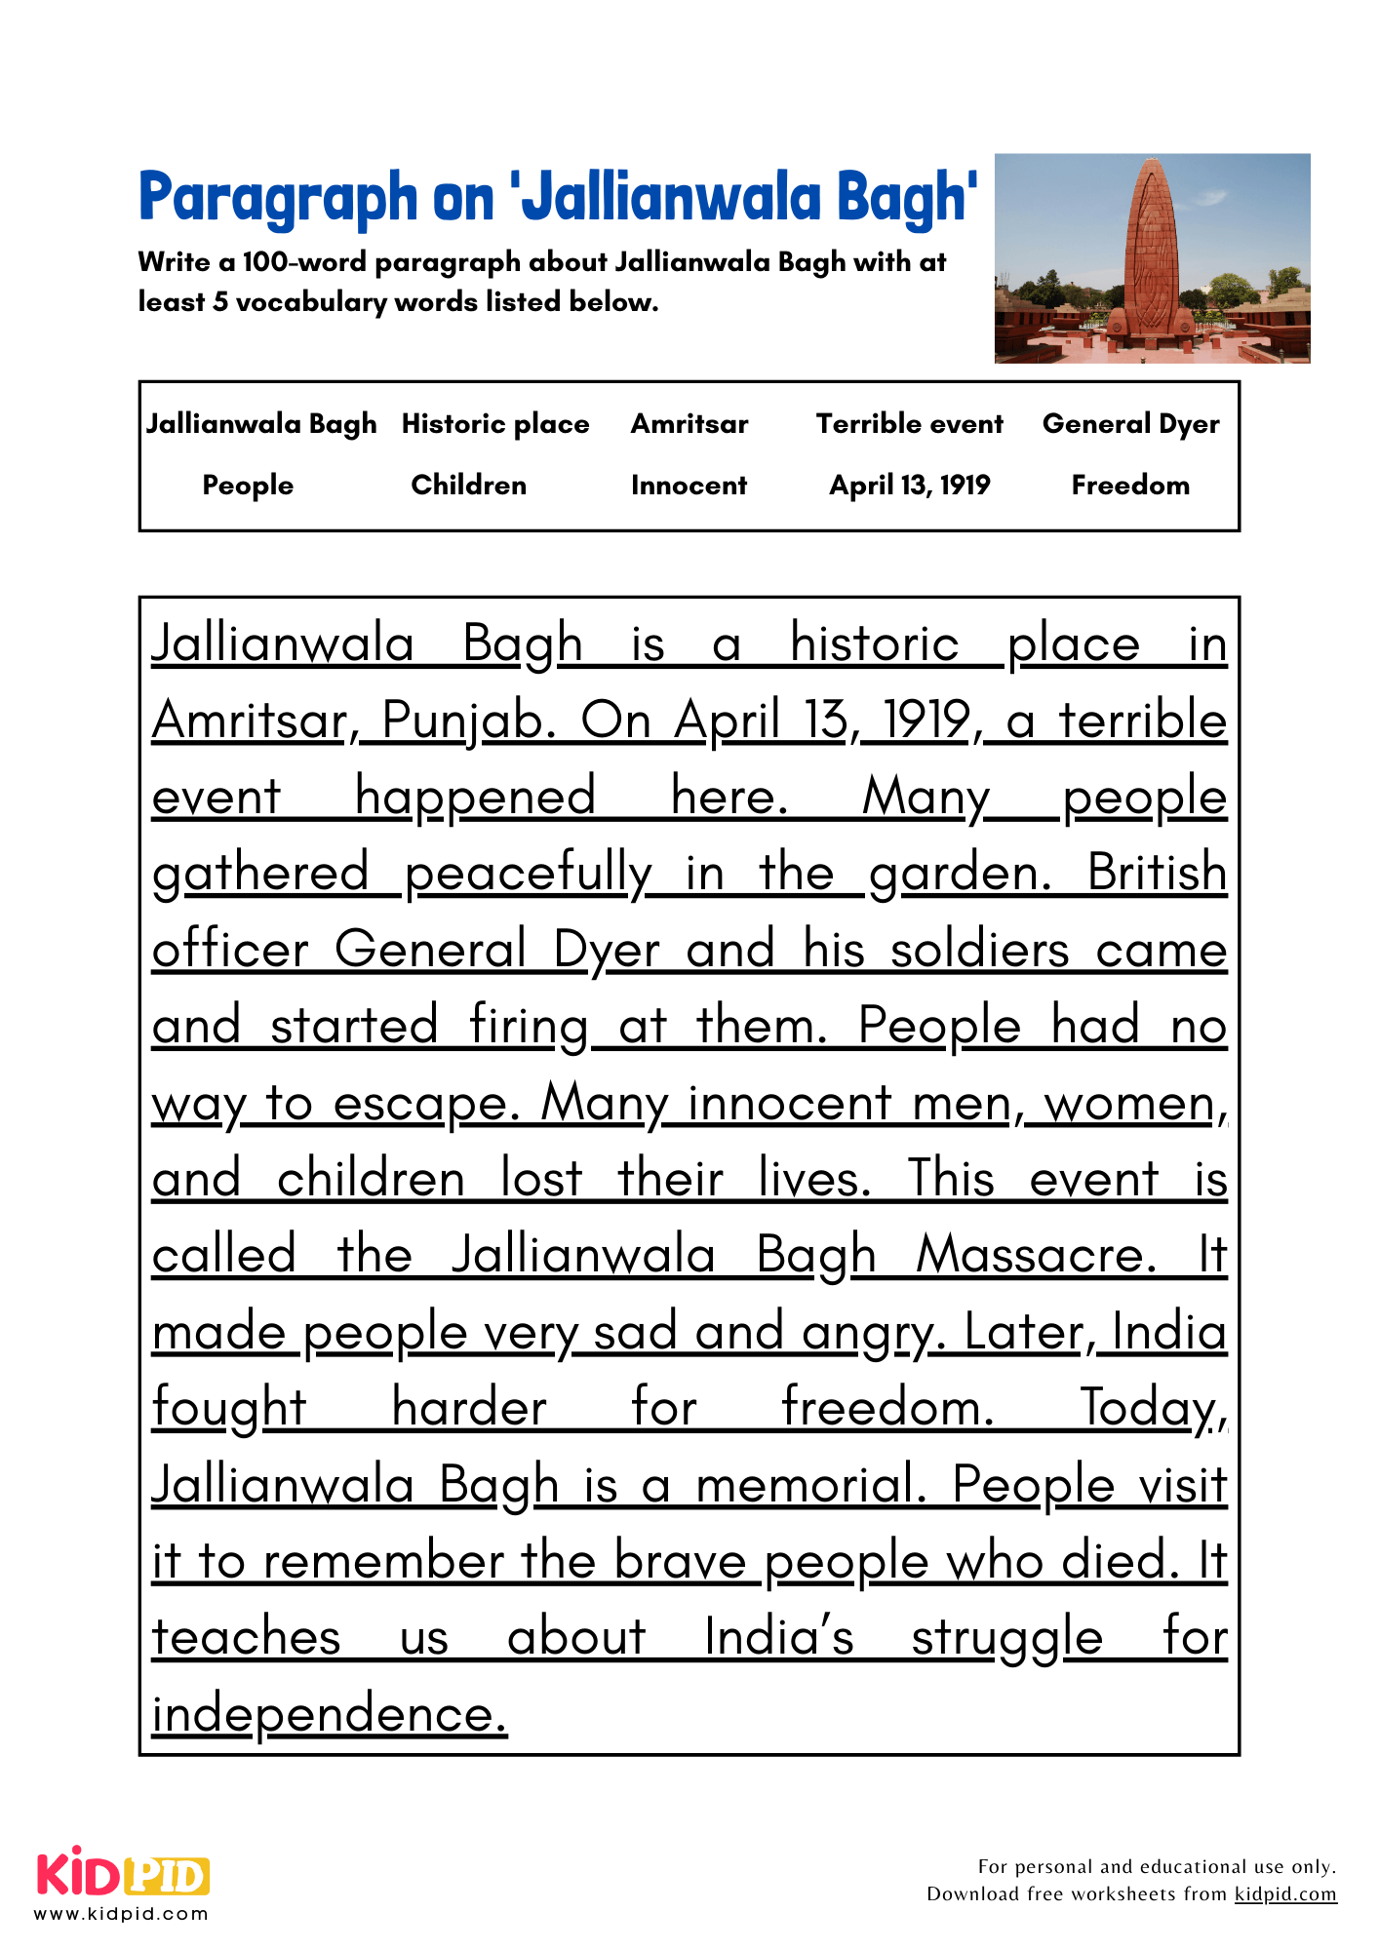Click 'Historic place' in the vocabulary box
[495, 424]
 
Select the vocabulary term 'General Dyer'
[1130, 424]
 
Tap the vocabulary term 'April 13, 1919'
[909, 486]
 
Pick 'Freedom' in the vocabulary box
[1130, 486]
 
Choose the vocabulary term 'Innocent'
[689, 486]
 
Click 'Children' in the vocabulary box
[468, 486]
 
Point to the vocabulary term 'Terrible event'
[909, 424]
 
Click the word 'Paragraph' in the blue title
[278, 198]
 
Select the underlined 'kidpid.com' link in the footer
[1285, 1894]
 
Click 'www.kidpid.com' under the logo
[122, 1914]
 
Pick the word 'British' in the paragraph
[1157, 873]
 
